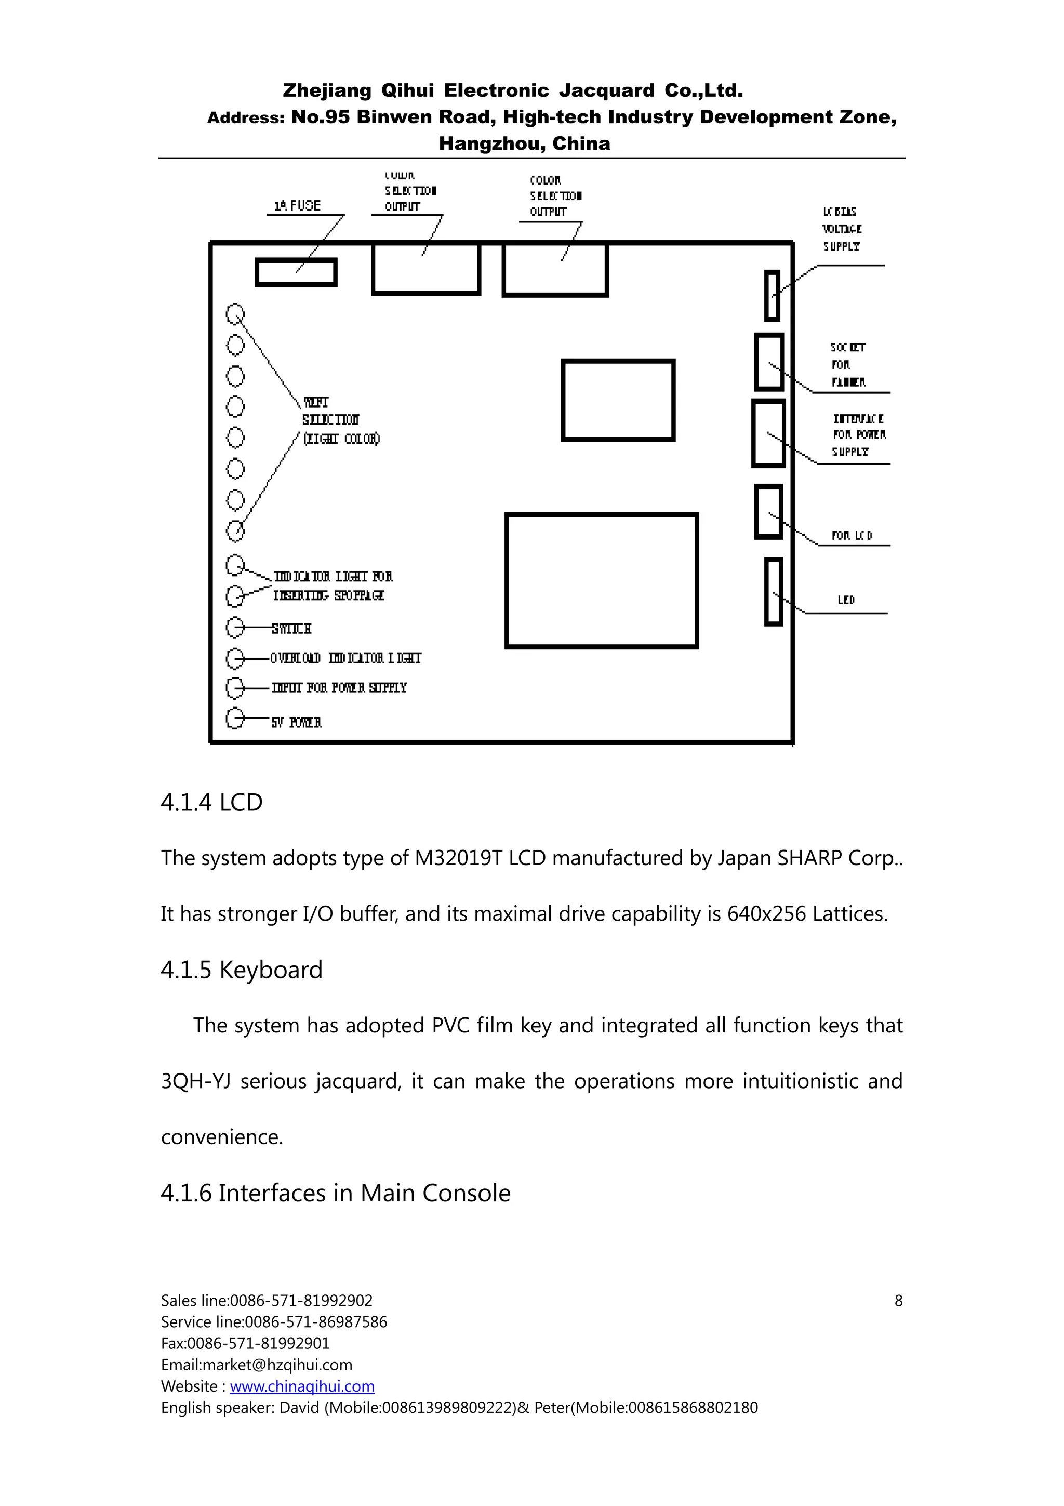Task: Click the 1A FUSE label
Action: click(x=297, y=205)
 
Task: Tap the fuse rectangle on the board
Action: click(x=296, y=273)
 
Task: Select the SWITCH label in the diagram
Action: click(x=292, y=628)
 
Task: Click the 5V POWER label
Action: click(x=296, y=722)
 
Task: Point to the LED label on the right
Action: click(x=846, y=599)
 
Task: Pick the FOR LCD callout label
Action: click(x=852, y=535)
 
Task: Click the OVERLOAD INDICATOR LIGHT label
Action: click(x=345, y=658)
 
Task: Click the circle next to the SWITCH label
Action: click(x=235, y=628)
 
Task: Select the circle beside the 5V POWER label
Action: click(x=235, y=718)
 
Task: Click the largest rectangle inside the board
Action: click(x=601, y=581)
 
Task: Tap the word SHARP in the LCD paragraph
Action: click(x=809, y=858)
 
